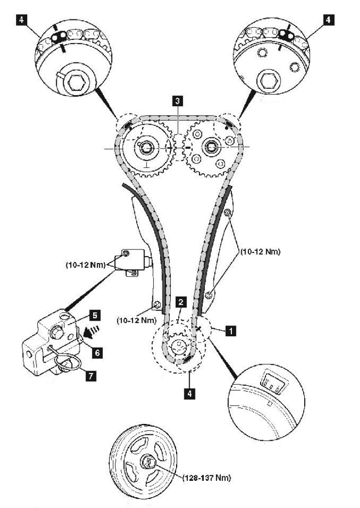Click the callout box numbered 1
230,331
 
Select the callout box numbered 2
181,302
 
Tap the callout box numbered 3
177,101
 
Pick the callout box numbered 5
94,315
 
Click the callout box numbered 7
91,376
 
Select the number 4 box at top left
22,20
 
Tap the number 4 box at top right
328,20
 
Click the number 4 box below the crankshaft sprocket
190,393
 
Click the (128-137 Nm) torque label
206,477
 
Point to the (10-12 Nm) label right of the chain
260,251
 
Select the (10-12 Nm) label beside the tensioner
86,265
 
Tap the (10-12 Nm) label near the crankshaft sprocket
136,320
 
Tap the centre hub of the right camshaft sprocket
211,147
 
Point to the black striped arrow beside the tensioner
92,331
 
